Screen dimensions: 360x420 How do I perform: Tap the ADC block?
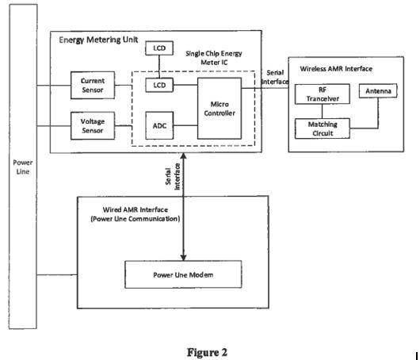point(159,124)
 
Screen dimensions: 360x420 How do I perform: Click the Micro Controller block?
point(221,107)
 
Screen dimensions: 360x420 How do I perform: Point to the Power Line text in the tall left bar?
point(24,167)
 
